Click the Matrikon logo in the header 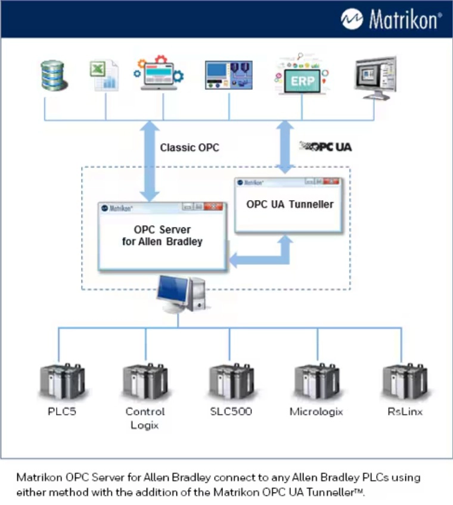pos(391,19)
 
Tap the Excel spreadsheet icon pos(104,76)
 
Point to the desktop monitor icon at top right pos(374,77)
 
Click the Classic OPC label pos(190,147)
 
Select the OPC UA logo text pos(325,146)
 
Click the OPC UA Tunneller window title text pos(290,204)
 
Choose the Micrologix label pos(316,412)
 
